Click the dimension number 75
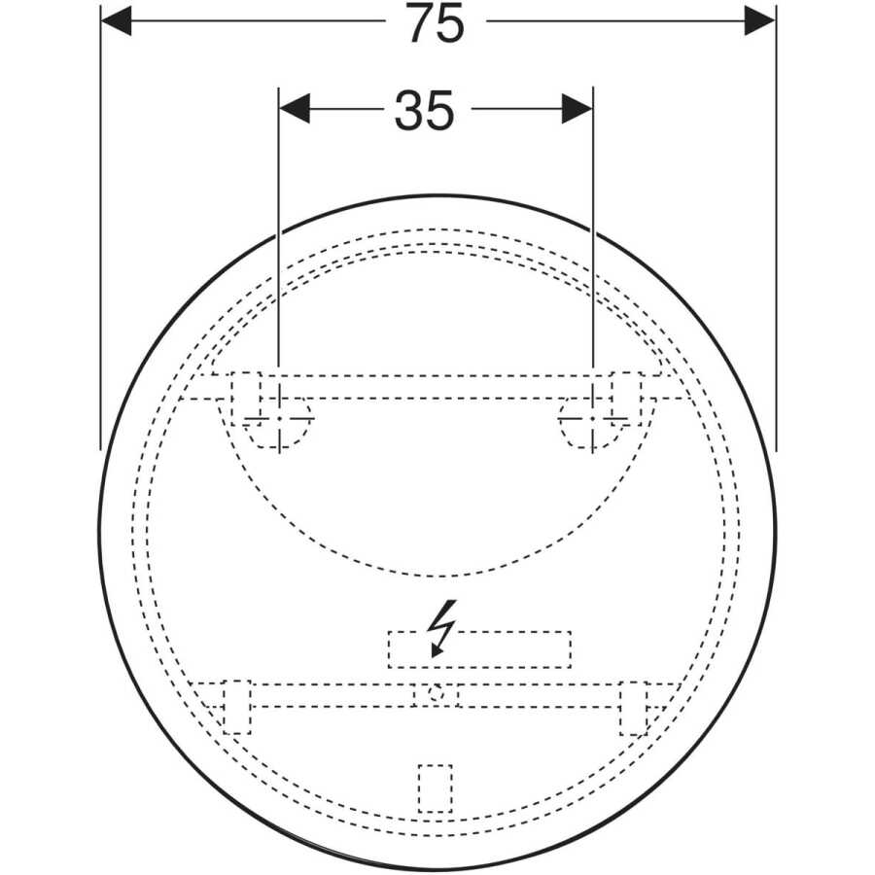click(436, 23)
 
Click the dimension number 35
click(424, 111)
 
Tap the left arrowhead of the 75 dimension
click(116, 21)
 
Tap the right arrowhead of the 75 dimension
click(759, 21)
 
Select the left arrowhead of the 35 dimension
click(294, 108)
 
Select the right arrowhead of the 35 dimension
click(577, 108)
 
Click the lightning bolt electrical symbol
click(441, 628)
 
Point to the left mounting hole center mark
click(279, 418)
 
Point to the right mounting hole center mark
click(593, 418)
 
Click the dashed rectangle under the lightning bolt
click(479, 649)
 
